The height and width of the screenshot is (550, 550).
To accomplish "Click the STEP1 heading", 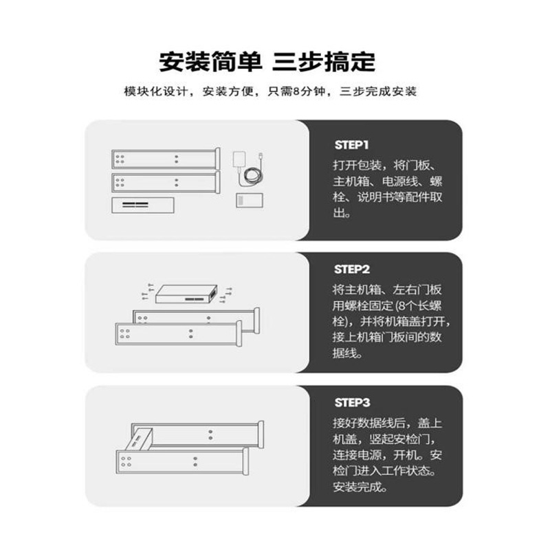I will point(352,145).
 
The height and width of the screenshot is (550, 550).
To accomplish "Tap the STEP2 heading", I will point(352,269).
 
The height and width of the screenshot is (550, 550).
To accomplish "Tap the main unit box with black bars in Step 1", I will point(142,205).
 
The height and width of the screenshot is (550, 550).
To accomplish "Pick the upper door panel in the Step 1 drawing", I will point(165,159).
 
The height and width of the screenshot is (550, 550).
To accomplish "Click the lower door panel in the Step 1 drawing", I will point(165,182).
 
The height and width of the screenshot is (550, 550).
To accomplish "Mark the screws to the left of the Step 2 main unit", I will point(146,292).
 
